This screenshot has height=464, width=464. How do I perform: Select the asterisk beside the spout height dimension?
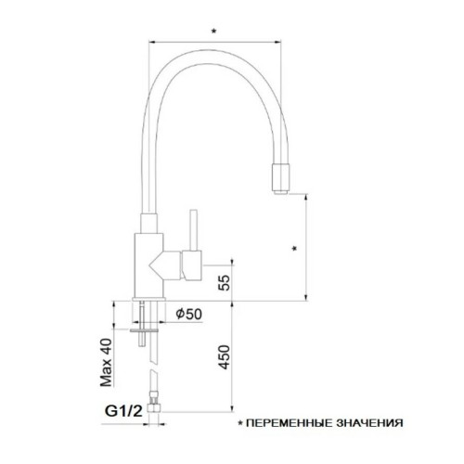tap(294, 249)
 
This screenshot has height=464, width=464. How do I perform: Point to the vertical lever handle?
tap(194, 227)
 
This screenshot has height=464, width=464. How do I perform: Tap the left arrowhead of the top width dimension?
tap(151, 40)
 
